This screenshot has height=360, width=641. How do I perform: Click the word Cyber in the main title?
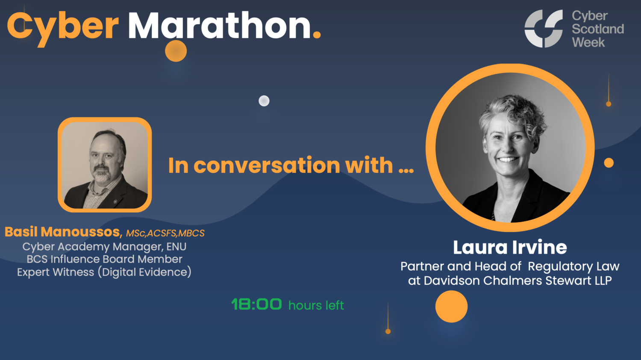(62, 26)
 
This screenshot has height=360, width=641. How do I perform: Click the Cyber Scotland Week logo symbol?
(544, 29)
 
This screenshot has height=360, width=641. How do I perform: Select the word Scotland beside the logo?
(597, 29)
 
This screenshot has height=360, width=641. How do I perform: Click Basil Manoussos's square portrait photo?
(105, 165)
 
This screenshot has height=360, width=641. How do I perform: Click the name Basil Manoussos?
(63, 232)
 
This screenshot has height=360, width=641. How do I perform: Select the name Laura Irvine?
(510, 247)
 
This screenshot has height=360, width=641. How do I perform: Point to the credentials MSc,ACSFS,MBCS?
(165, 233)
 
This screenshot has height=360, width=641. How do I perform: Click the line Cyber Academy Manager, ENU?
(104, 246)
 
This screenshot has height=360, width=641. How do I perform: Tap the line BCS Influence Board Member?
(104, 259)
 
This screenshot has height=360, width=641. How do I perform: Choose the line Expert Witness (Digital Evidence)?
(104, 272)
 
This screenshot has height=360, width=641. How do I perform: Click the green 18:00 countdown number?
(256, 304)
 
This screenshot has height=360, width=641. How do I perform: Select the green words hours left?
(316, 305)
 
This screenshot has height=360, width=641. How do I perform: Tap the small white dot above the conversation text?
(264, 101)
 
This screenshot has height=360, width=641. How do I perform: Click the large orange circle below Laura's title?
(451, 307)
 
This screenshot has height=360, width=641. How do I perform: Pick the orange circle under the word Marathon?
(176, 51)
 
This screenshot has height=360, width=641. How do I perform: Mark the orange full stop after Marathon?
(317, 35)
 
